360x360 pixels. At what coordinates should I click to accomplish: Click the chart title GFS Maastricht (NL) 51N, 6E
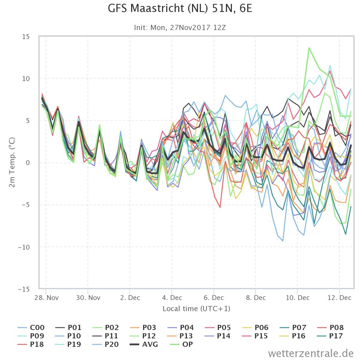pyautogui.click(x=180, y=9)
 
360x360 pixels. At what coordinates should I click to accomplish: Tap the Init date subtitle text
pyautogui.click(x=180, y=28)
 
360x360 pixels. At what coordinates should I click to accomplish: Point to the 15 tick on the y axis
pyautogui.click(x=26, y=37)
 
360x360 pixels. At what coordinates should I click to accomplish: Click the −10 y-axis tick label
pyautogui.click(x=24, y=247)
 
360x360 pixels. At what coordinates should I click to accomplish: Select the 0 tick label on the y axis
pyautogui.click(x=28, y=163)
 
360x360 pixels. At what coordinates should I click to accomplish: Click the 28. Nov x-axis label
pyautogui.click(x=46, y=298)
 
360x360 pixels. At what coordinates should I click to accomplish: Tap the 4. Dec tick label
pyautogui.click(x=172, y=298)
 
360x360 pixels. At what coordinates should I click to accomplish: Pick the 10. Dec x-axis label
pyautogui.click(x=298, y=298)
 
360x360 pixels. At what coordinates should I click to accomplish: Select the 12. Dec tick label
pyautogui.click(x=339, y=298)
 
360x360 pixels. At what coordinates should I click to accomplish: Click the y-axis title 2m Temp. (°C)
pyautogui.click(x=12, y=162)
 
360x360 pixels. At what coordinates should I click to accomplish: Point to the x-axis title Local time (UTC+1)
pyautogui.click(x=196, y=309)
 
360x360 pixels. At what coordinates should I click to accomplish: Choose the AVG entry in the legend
pyautogui.click(x=144, y=344)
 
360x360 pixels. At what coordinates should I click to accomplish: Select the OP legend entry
pyautogui.click(x=181, y=344)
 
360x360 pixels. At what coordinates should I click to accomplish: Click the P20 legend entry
pyautogui.click(x=106, y=344)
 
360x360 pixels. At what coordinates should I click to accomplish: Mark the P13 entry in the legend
pyautogui.click(x=180, y=336)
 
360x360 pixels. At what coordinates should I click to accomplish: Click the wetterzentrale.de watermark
pyautogui.click(x=311, y=353)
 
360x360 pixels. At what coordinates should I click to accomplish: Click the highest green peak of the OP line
pyautogui.click(x=309, y=48)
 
